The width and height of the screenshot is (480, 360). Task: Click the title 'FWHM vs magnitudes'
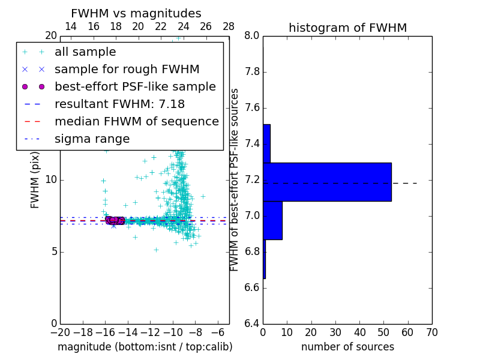pos(136,13)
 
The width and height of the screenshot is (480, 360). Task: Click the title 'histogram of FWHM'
pos(347,28)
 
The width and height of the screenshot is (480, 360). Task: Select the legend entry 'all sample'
pos(85,52)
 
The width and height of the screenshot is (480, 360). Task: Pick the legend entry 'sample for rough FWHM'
pos(127,70)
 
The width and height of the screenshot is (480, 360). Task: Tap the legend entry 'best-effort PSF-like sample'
pos(135,87)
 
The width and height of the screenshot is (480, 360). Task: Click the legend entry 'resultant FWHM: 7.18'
pos(119,104)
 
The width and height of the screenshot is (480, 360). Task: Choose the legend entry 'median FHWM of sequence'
pos(136,122)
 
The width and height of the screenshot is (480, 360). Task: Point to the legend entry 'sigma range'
pos(92,139)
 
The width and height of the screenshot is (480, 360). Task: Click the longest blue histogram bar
pos(327,182)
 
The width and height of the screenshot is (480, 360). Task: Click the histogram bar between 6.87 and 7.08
pos(272,220)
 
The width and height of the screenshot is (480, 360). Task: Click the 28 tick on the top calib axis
pos(229,26)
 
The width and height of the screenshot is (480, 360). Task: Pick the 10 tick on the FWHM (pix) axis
pos(51,180)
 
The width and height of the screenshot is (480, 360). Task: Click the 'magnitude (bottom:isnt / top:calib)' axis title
pos(145,347)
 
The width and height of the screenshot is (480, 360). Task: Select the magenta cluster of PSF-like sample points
pos(115,220)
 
